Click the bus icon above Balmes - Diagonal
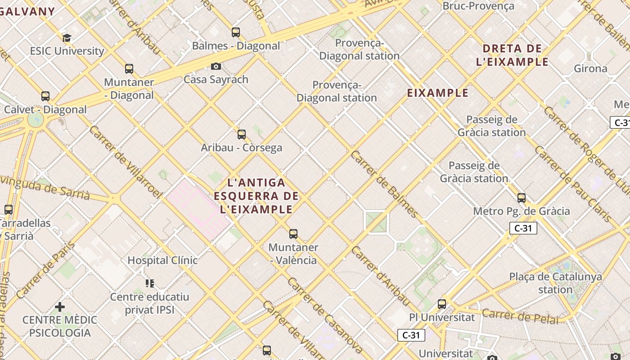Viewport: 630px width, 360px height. click(236, 32)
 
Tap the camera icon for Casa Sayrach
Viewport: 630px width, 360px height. click(216, 66)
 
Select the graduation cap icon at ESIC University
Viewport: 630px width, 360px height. click(67, 38)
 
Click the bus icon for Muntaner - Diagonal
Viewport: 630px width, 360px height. click(129, 69)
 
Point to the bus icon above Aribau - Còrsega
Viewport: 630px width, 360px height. click(242, 134)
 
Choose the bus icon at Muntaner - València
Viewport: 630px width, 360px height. click(293, 234)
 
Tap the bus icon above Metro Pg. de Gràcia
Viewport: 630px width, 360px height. click(522, 198)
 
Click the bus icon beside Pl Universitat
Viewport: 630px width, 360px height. click(442, 304)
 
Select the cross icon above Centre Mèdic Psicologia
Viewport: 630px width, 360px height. click(60, 307)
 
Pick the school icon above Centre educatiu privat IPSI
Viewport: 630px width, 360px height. click(150, 283)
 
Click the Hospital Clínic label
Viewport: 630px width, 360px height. click(162, 260)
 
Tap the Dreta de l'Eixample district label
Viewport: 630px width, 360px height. click(512, 55)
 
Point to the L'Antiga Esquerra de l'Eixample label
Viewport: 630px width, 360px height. click(256, 196)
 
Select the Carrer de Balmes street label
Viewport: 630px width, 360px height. click(384, 184)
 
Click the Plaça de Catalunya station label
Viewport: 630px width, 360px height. click(555, 283)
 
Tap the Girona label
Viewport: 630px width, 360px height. click(590, 68)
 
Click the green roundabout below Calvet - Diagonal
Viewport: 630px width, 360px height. click(36, 120)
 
